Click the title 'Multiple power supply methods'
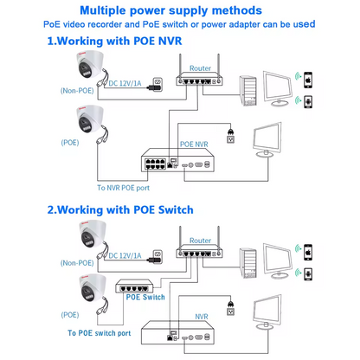click(180, 10)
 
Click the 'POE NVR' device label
click(195, 137)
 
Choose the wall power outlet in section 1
click(230, 137)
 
